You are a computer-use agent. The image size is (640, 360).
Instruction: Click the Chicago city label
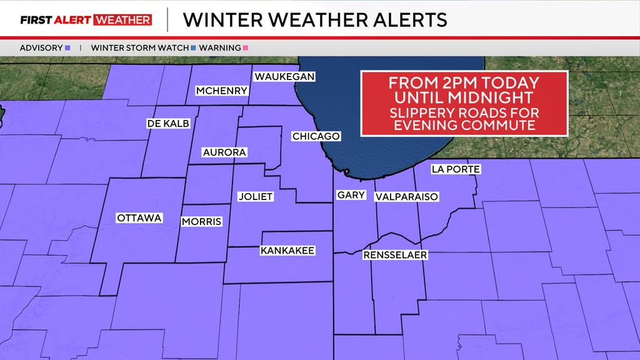tap(316, 136)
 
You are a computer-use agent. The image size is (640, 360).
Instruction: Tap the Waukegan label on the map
tap(284, 77)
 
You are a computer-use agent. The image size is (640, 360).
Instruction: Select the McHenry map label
tap(222, 91)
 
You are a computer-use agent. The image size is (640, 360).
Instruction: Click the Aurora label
tap(224, 152)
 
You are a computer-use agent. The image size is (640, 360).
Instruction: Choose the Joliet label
tap(256, 196)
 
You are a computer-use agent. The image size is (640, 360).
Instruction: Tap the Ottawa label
tap(139, 218)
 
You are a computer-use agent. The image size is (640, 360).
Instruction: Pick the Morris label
tap(201, 221)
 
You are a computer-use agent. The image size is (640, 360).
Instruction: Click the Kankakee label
tap(287, 251)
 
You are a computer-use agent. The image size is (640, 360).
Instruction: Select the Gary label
tap(351, 195)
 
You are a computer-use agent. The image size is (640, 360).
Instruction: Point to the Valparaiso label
tap(406, 197)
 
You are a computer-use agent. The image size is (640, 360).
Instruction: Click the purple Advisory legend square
tap(67, 47)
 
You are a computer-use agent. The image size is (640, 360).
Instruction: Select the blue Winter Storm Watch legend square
tap(193, 47)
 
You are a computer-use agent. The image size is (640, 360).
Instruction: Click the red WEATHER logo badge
tap(122, 20)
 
